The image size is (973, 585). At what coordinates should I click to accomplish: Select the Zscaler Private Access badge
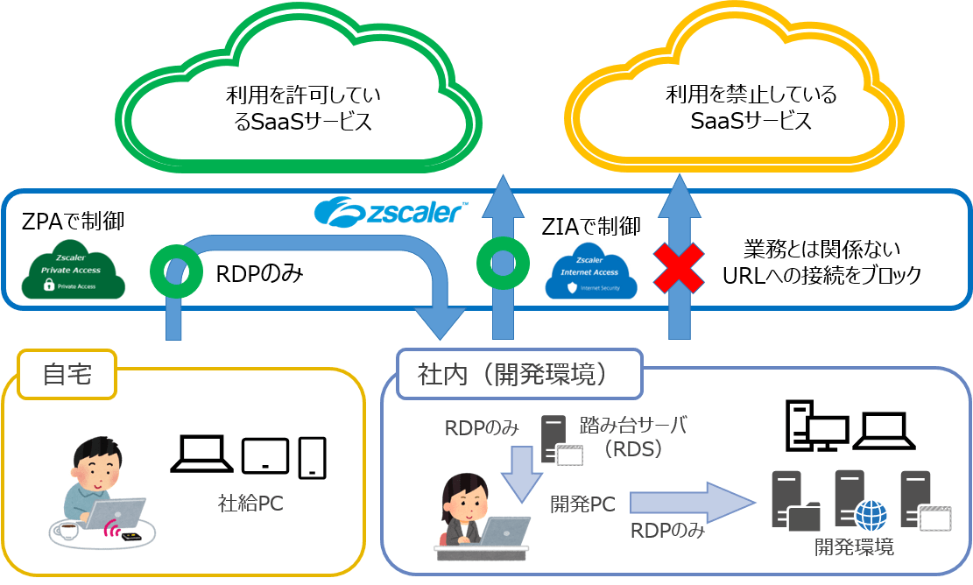[x=73, y=268]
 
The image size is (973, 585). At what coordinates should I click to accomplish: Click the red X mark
[x=680, y=268]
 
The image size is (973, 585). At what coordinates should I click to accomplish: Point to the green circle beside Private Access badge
[x=177, y=271]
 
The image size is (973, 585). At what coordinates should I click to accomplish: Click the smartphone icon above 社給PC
[x=313, y=458]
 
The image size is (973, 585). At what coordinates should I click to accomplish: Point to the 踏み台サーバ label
[x=633, y=426]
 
